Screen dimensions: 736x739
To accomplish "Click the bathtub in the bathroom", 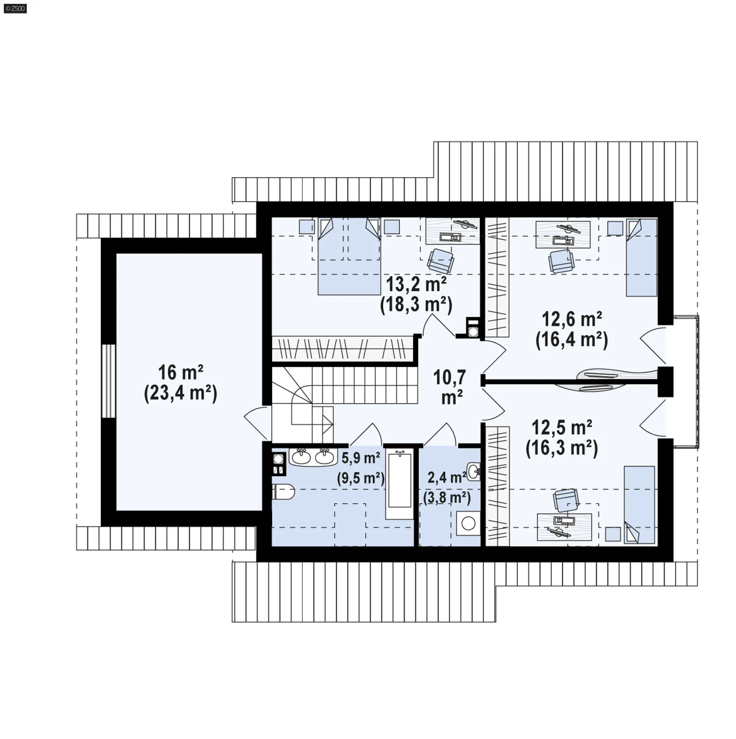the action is (x=400, y=481).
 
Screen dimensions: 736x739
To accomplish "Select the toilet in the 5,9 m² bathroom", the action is (x=283, y=491).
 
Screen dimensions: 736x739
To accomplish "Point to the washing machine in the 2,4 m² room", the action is (x=468, y=522).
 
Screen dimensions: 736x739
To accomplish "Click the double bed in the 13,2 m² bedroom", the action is (x=349, y=256).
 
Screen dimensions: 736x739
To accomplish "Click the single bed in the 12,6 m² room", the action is (x=642, y=257).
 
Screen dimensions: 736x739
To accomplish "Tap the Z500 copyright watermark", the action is (x=14, y=8).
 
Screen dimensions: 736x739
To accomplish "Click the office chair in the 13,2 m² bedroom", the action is (x=441, y=260).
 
